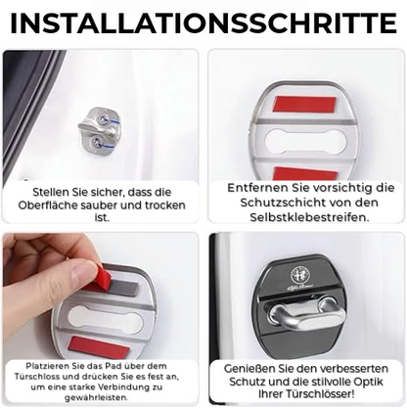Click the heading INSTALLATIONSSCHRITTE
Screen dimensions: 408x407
[203, 22]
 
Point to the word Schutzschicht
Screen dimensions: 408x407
[282, 203]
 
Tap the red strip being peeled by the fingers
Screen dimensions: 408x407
[101, 279]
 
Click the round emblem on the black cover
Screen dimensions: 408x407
[306, 279]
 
